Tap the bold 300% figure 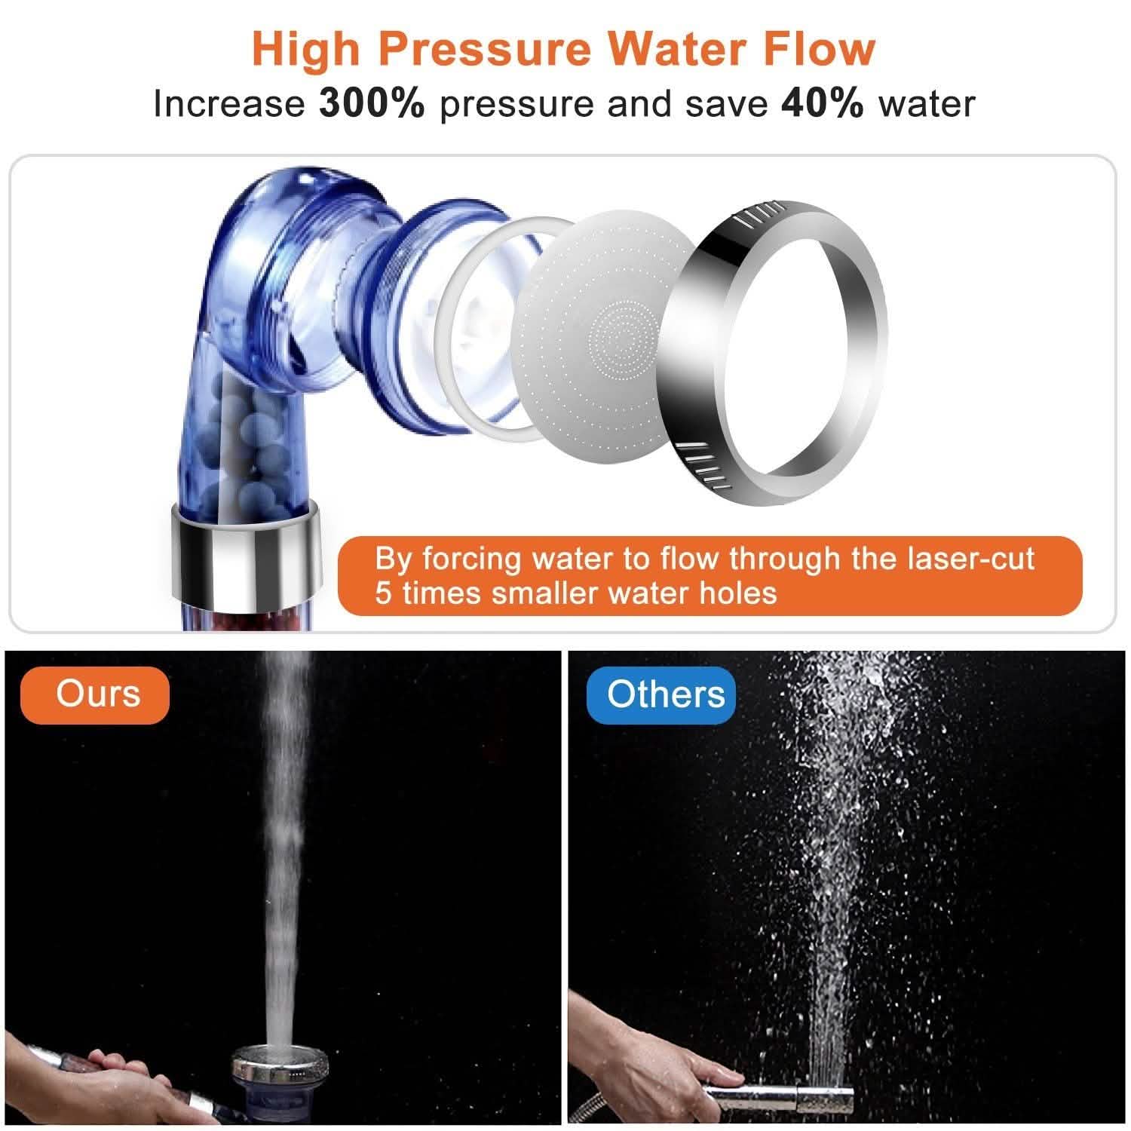pos(372,103)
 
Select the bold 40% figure pos(823,103)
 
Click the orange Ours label pos(97,694)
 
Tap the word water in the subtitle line pos(927,103)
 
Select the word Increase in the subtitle pos(228,103)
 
